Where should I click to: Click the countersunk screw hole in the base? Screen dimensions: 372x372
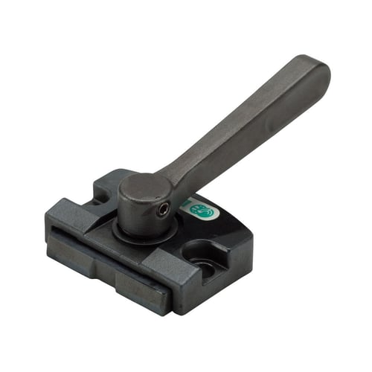click(203, 254)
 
